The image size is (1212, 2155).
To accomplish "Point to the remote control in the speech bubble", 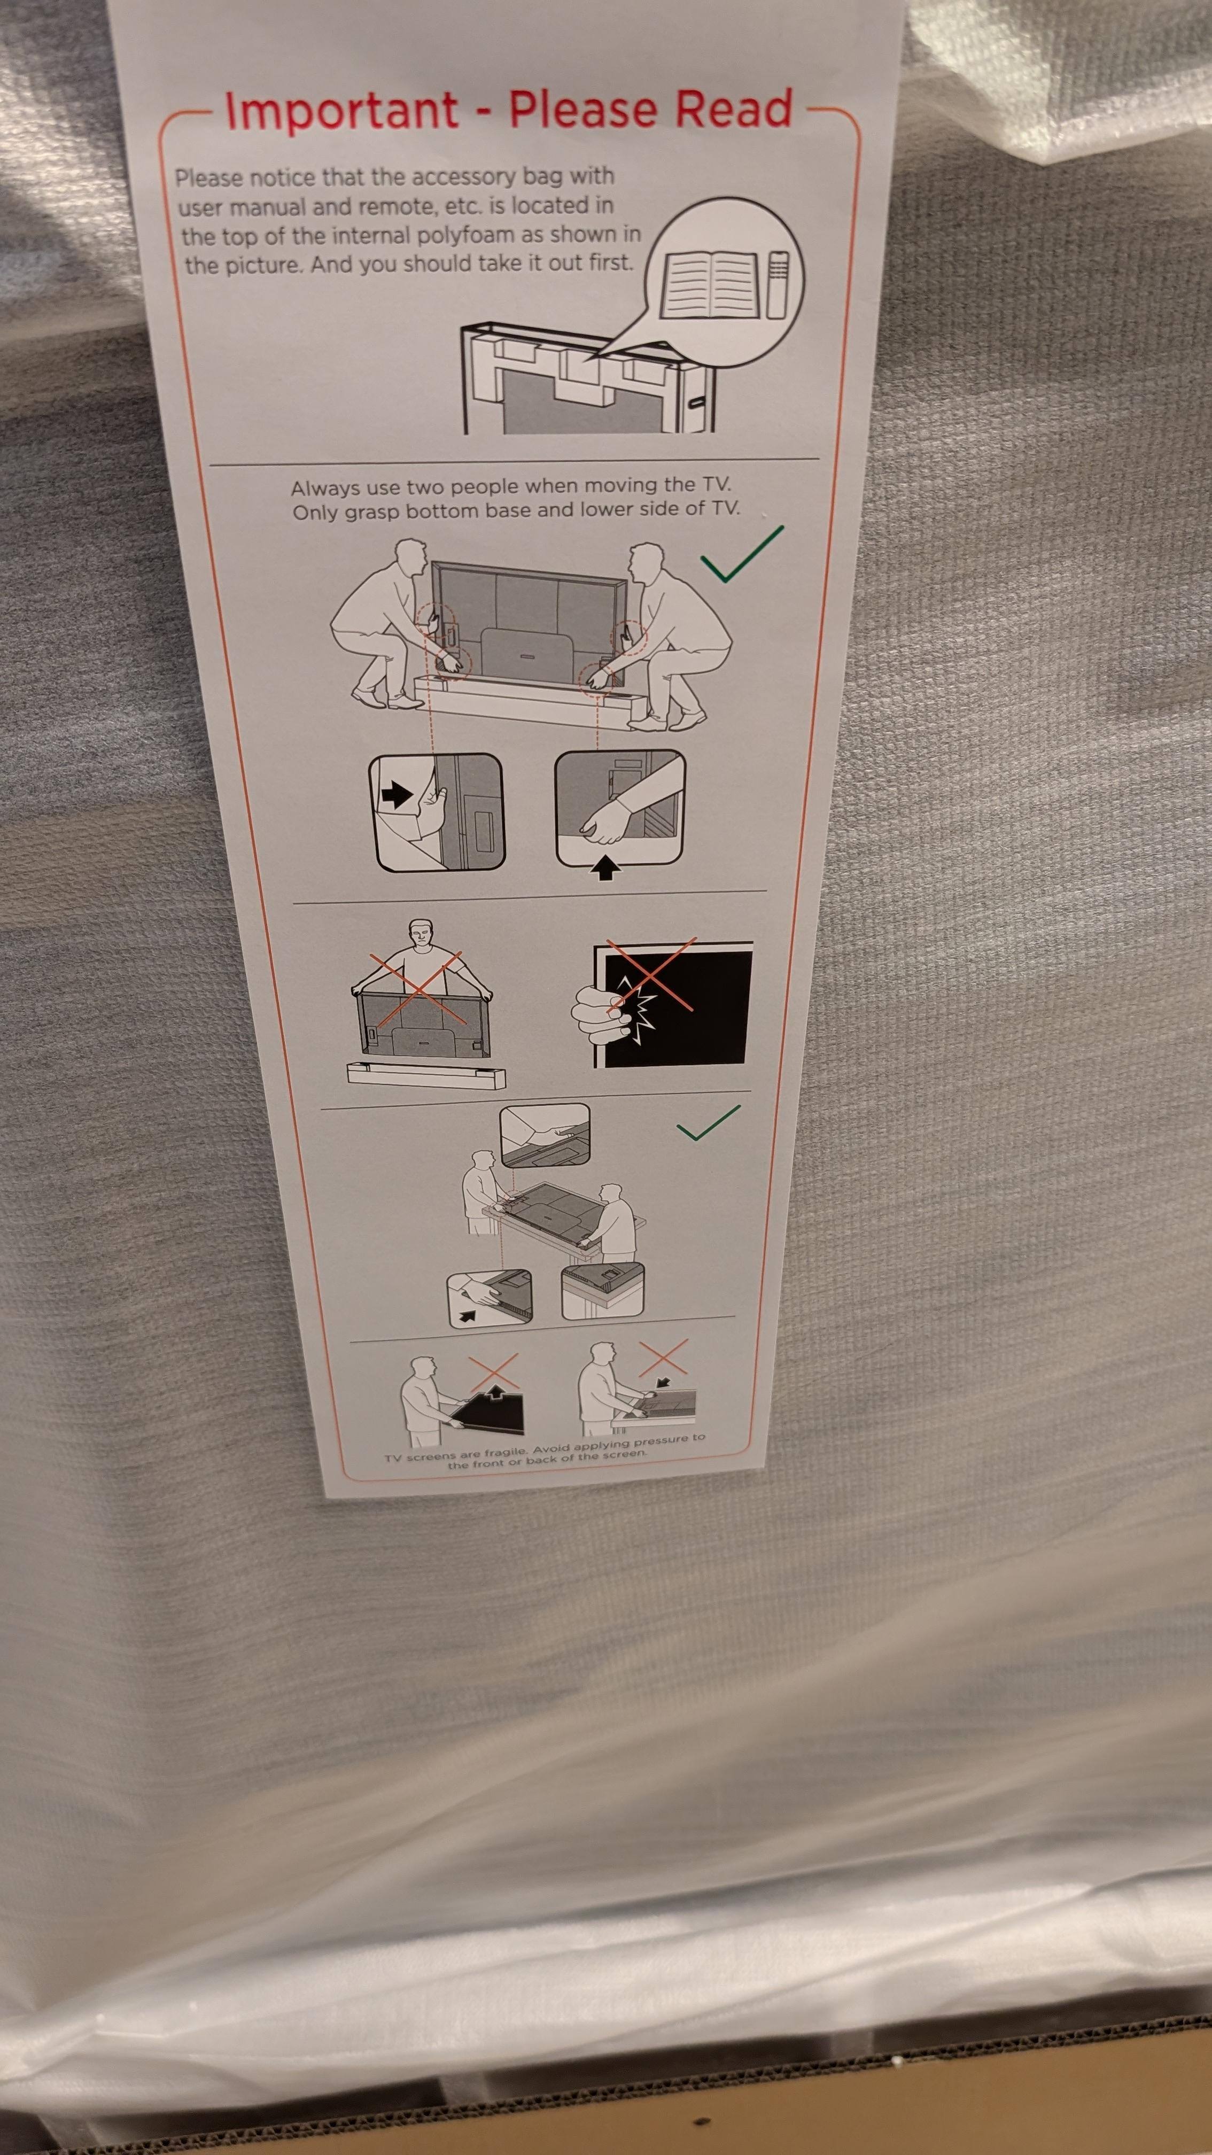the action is point(778,284).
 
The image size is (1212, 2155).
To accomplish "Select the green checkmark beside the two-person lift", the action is point(742,554).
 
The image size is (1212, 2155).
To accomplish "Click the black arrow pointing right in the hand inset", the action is point(397,795).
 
